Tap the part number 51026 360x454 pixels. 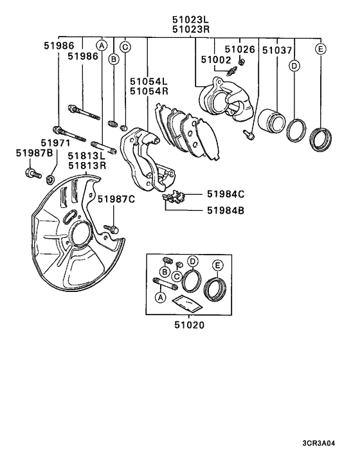[239, 50]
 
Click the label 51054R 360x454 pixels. [148, 91]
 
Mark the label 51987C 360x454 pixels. [116, 199]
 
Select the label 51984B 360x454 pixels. [226, 210]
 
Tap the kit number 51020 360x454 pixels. [190, 325]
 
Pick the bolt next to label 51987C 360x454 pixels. [110, 228]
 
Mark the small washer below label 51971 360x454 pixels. [52, 175]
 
